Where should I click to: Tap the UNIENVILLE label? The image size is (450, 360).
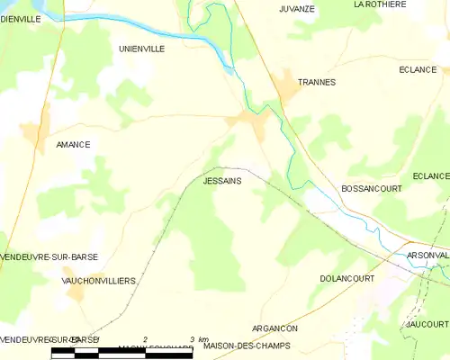click(x=141, y=49)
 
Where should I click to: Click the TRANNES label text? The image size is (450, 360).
click(x=316, y=82)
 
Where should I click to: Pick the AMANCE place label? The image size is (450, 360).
click(x=73, y=144)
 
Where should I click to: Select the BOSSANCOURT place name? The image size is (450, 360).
click(x=371, y=189)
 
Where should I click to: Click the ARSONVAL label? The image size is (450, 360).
click(x=427, y=255)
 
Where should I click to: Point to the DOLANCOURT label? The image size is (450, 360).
click(x=346, y=280)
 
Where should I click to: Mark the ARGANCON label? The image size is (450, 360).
click(x=274, y=329)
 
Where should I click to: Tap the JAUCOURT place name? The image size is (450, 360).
click(x=427, y=322)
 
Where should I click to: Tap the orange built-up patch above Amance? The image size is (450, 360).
click(x=35, y=135)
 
